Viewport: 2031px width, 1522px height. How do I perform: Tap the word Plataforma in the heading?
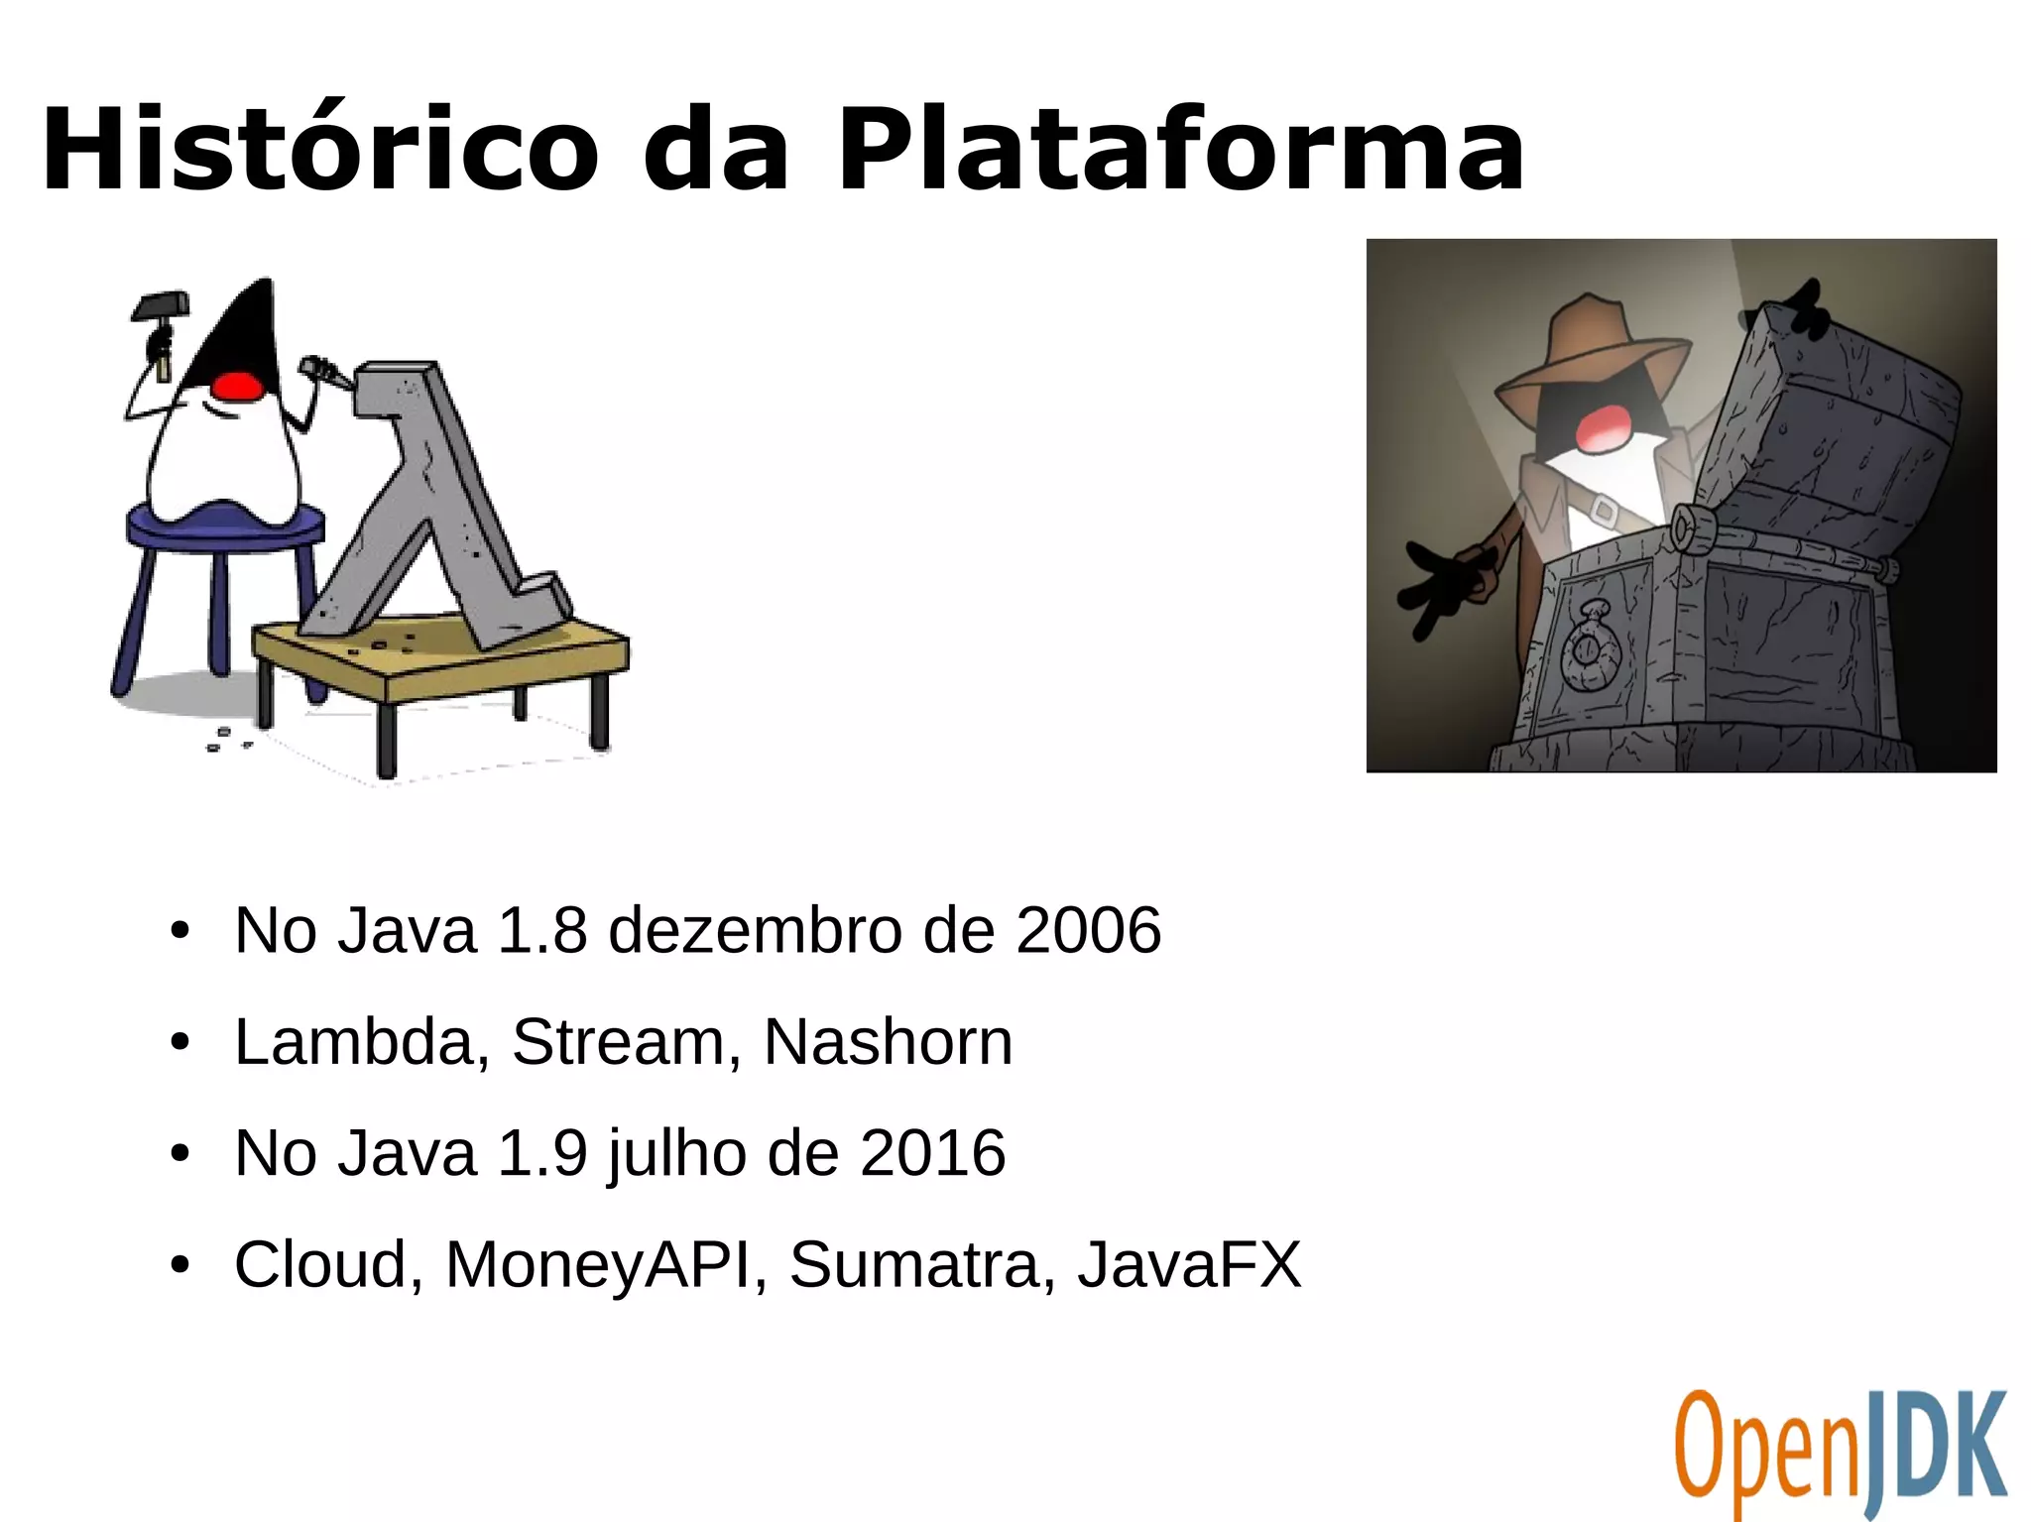tap(1180, 151)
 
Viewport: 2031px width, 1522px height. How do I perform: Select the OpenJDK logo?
tap(1841, 1452)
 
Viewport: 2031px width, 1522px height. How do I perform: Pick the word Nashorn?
tap(888, 1042)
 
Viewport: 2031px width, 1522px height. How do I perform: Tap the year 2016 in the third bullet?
tap(932, 1153)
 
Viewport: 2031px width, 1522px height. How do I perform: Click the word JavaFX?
tap(1189, 1265)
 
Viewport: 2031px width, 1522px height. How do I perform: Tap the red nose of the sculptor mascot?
tap(238, 385)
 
